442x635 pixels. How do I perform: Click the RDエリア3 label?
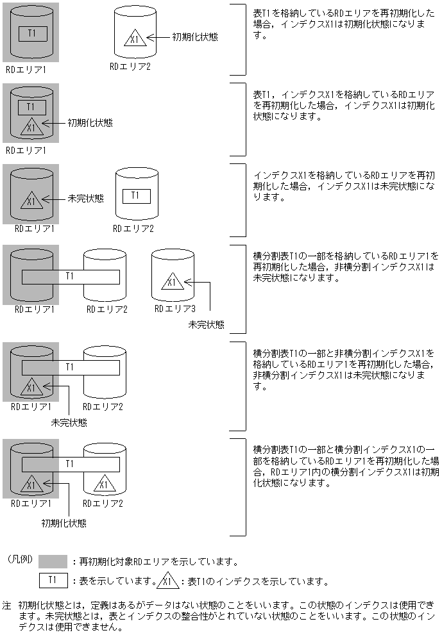point(174,309)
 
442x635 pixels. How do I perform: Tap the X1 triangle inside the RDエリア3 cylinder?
point(171,282)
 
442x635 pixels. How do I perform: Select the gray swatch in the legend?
point(53,562)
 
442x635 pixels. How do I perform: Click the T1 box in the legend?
point(53,581)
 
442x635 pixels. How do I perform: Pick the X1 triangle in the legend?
point(167,582)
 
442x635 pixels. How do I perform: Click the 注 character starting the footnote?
point(6,605)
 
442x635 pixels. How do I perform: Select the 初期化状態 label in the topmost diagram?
point(194,37)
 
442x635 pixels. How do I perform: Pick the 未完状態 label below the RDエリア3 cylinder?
point(206,325)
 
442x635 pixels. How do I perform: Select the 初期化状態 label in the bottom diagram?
point(64,523)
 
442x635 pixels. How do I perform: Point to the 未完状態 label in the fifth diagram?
point(69,423)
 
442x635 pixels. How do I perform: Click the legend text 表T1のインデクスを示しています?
point(255,582)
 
